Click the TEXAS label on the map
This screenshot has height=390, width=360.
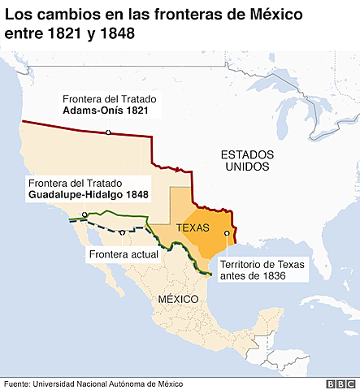(193, 227)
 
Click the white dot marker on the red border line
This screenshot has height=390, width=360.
(107, 132)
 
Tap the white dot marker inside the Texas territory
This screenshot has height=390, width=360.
(227, 233)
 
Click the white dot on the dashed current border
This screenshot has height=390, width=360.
(122, 232)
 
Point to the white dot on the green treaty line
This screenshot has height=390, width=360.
(85, 214)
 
